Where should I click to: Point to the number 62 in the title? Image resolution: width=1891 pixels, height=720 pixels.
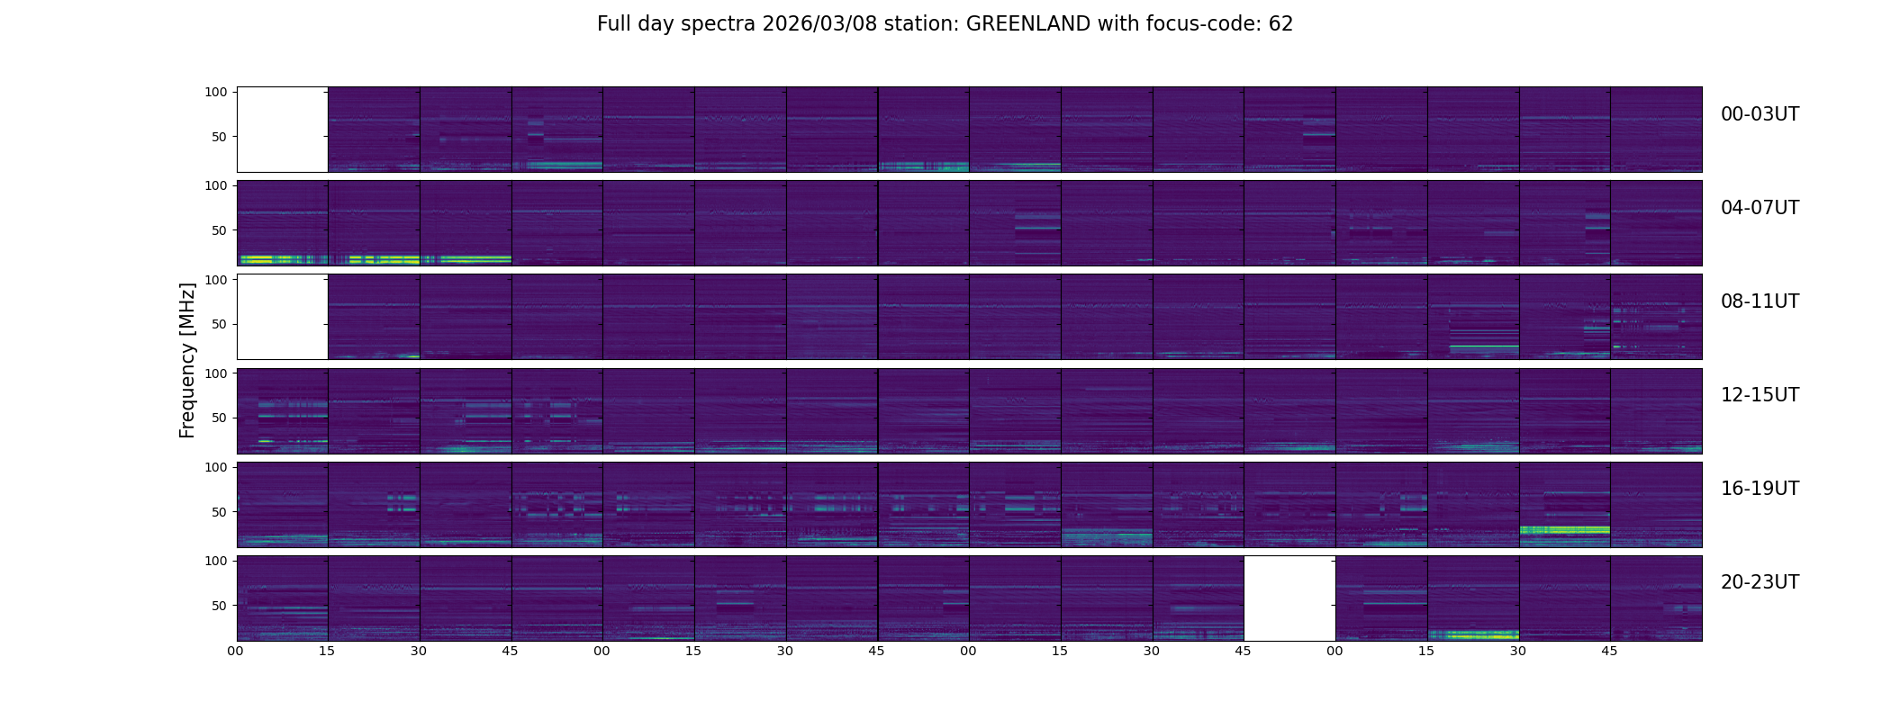click(x=1280, y=24)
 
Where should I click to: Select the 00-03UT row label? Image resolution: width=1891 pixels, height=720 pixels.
click(x=1760, y=114)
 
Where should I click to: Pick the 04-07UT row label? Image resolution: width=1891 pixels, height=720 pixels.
click(x=1760, y=208)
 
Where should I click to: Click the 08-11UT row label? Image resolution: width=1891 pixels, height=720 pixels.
click(x=1760, y=301)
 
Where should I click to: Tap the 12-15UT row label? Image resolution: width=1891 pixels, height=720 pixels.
click(x=1760, y=395)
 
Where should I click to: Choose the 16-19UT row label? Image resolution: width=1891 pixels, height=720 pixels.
click(x=1760, y=489)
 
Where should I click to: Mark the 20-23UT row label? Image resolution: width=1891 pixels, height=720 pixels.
click(x=1760, y=582)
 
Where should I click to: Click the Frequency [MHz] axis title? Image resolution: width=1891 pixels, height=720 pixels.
click(x=187, y=361)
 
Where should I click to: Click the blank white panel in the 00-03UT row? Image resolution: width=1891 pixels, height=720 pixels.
click(x=282, y=130)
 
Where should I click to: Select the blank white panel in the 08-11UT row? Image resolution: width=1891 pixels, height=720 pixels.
click(x=282, y=317)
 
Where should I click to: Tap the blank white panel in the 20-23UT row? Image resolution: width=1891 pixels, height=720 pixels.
click(x=1289, y=598)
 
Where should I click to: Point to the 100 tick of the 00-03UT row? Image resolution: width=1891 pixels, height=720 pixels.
click(x=216, y=92)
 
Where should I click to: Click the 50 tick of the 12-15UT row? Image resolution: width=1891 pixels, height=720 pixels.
click(x=220, y=418)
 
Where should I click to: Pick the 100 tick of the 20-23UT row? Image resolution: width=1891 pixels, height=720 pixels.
click(x=216, y=561)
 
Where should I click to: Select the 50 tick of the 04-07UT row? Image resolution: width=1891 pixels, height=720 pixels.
click(x=220, y=230)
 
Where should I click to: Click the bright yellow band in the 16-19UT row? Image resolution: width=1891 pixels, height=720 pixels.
click(x=1564, y=530)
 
